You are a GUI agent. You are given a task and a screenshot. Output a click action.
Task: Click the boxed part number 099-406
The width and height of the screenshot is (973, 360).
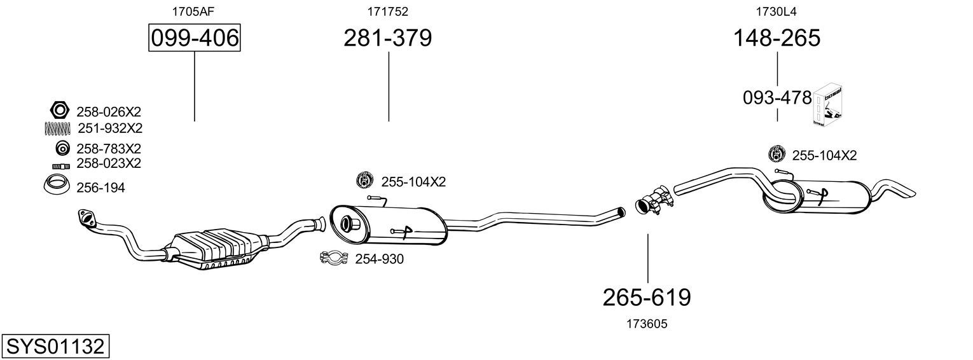coord(195,38)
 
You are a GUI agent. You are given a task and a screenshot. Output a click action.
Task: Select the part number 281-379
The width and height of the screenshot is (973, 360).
coord(388,38)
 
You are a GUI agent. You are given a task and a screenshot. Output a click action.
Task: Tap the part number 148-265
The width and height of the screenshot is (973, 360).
coord(777,38)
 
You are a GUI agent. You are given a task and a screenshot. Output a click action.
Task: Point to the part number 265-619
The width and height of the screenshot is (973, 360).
coord(647,298)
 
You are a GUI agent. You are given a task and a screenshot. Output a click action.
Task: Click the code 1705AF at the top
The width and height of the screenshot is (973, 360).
coord(193,11)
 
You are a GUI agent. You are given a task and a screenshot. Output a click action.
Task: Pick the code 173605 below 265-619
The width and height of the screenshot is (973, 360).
coord(647,324)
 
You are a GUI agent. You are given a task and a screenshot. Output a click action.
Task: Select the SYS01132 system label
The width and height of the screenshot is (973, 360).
coord(55,347)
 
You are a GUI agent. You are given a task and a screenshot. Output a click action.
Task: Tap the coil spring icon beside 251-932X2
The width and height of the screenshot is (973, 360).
coord(57,128)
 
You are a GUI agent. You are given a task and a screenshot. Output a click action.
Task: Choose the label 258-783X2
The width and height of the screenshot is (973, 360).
coord(109,149)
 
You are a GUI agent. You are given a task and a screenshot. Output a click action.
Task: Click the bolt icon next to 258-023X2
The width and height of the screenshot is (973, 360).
coord(61,166)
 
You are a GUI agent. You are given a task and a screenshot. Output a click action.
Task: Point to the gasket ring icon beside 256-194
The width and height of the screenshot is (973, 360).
coord(57,184)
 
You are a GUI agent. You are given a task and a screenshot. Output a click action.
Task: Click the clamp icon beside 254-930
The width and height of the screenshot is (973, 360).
coord(334,258)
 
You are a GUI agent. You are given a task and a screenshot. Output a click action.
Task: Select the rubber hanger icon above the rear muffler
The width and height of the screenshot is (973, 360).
coord(777,154)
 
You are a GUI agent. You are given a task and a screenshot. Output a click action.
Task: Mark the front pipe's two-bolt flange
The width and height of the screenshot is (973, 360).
coord(86,218)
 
